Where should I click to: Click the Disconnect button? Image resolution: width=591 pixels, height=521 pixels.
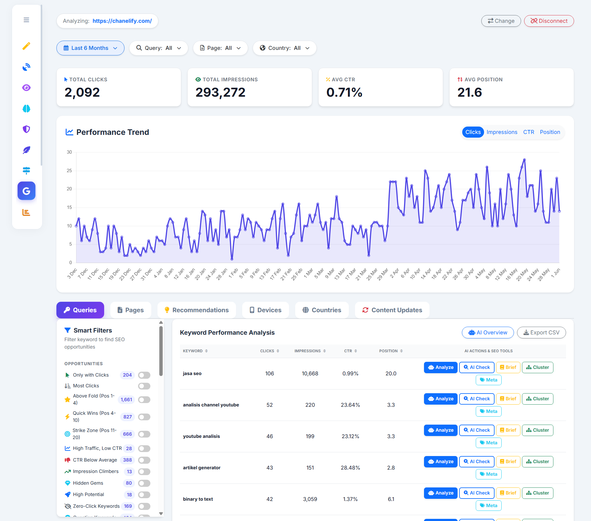tap(549, 21)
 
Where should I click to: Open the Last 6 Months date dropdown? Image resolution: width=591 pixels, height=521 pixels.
tap(90, 48)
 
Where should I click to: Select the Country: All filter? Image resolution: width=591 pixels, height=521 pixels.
tap(284, 48)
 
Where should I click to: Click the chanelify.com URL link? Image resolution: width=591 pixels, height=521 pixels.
tap(122, 21)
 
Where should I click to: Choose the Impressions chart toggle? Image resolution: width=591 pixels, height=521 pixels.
tap(502, 132)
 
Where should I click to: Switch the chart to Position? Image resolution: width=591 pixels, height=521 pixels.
tap(550, 132)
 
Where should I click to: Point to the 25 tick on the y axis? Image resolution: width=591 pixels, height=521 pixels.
tap(69, 171)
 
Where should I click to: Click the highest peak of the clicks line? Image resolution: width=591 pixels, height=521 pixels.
tap(524, 160)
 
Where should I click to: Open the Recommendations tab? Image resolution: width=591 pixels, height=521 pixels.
tap(197, 310)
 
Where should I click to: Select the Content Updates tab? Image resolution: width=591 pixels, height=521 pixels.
tap(392, 310)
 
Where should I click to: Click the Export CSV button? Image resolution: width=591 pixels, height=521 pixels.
tap(541, 333)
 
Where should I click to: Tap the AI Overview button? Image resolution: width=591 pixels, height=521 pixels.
tap(488, 333)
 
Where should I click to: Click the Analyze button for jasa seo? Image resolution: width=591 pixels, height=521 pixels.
tap(441, 367)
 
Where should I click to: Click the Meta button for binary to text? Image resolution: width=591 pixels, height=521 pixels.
tap(488, 506)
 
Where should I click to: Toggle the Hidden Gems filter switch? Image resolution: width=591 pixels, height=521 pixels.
tap(144, 483)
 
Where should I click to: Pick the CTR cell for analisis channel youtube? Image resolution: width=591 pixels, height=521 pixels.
tap(350, 405)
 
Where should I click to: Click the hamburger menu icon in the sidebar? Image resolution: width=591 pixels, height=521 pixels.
tap(26, 20)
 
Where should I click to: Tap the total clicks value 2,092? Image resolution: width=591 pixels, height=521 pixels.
tap(82, 92)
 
